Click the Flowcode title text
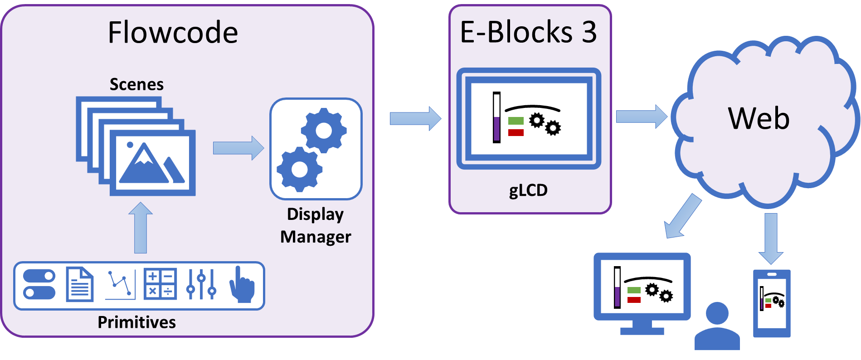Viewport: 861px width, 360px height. point(173,33)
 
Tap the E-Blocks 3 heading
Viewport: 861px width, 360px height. point(528,32)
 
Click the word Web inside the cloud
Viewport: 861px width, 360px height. point(759,118)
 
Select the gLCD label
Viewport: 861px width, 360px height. point(528,190)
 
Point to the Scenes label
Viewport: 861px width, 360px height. point(136,84)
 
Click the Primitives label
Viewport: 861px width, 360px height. point(136,322)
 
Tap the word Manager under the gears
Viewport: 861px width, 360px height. point(316,237)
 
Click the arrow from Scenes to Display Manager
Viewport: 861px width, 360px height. point(238,148)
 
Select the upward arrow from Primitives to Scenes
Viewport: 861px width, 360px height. point(141,228)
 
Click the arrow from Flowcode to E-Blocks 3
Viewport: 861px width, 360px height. point(415,118)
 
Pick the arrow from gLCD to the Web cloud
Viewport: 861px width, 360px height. point(641,116)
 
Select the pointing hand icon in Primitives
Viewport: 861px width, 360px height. point(242,285)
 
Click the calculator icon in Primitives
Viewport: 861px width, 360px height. point(160,284)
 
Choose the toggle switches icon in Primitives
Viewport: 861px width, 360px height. point(39,284)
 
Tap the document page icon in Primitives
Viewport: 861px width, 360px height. point(80,284)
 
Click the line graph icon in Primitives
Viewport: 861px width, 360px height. point(120,285)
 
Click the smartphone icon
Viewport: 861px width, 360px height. point(772,303)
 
